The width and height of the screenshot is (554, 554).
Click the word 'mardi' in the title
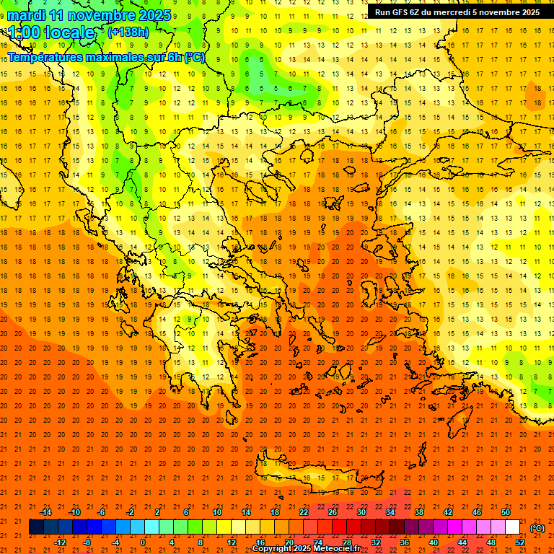(25, 15)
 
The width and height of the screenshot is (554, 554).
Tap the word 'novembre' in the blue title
(100, 15)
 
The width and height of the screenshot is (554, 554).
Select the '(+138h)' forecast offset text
(128, 32)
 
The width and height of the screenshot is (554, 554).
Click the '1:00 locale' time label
(51, 32)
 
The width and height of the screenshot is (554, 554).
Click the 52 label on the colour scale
(520, 542)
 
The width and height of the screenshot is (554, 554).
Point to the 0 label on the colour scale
(143, 542)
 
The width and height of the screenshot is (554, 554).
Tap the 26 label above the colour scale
(333, 512)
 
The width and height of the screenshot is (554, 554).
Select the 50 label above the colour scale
(506, 512)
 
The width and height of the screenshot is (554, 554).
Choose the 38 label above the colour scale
(419, 512)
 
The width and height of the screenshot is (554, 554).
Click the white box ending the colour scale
(512, 527)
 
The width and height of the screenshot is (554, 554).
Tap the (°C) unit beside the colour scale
(537, 527)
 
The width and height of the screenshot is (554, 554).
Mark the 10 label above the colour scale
(217, 512)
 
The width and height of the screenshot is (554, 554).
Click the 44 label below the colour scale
(462, 542)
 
